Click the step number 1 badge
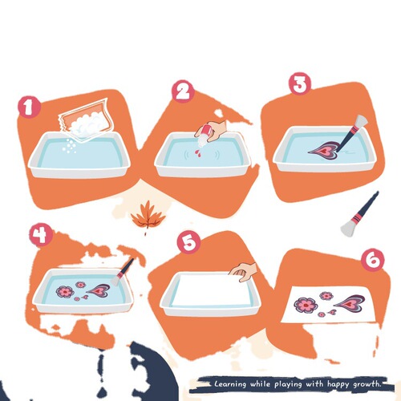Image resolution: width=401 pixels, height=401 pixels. (x=29, y=107)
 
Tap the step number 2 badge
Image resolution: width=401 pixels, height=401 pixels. (x=183, y=91)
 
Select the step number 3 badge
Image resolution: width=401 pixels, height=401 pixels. (x=301, y=83)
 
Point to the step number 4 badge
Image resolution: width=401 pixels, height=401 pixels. (x=41, y=235)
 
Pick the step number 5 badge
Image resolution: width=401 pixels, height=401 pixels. (x=189, y=242)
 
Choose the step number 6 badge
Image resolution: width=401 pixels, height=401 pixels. (x=373, y=260)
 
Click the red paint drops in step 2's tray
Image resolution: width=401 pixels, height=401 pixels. (x=198, y=153)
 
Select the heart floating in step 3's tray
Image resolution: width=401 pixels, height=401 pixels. (x=324, y=151)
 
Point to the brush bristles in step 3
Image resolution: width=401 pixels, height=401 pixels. (x=361, y=121)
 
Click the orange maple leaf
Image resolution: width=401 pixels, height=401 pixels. (x=148, y=215)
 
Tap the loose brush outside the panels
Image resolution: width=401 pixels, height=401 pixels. (x=360, y=214)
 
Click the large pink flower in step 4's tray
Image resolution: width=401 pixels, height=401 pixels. (x=65, y=291)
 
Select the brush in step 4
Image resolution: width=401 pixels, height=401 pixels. (x=122, y=272)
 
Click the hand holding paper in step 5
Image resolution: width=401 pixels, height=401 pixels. (x=244, y=272)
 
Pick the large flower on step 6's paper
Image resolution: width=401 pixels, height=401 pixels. (x=306, y=305)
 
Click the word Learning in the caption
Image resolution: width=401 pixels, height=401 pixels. (x=230, y=384)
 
